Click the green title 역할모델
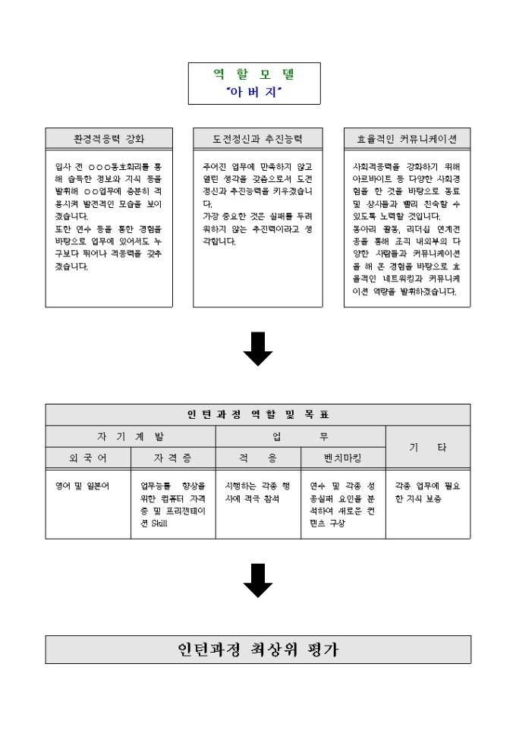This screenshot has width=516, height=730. click(x=254, y=74)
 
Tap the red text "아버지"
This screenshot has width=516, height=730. click(x=254, y=92)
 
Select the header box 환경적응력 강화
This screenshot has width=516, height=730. click(x=109, y=139)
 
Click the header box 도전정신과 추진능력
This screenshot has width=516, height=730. click(x=258, y=139)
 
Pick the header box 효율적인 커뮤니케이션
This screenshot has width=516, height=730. click(x=407, y=139)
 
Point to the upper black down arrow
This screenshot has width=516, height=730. click(x=258, y=348)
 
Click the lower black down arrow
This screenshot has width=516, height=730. click(x=258, y=581)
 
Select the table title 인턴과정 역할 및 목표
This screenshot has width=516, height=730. click(x=258, y=414)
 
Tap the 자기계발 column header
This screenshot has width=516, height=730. click(x=131, y=436)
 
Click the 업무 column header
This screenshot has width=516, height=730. click(x=300, y=436)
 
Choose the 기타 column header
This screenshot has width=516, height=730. click(x=428, y=448)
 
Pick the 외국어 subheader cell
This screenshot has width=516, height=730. click(x=88, y=458)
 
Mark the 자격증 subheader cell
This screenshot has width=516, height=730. click(x=173, y=458)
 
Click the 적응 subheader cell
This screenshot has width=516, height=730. click(x=258, y=458)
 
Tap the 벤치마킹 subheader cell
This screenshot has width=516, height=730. click(x=343, y=458)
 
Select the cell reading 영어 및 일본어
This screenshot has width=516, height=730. click(x=83, y=486)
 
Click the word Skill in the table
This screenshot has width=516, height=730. click(x=159, y=524)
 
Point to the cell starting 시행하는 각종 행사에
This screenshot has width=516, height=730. click(x=257, y=492)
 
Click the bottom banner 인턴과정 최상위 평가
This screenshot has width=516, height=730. click(x=258, y=650)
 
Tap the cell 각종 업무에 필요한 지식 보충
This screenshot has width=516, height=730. click(x=427, y=492)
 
